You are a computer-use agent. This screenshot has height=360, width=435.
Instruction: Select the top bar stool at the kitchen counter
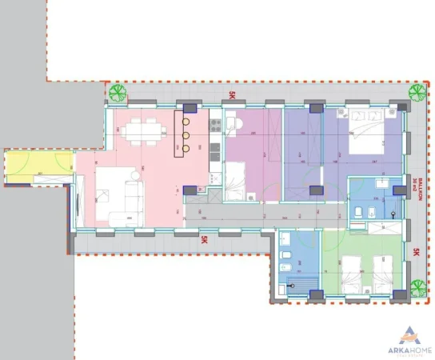[186, 122]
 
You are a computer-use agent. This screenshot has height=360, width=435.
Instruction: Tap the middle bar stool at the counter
[186, 134]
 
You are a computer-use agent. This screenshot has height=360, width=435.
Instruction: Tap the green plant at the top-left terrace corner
[119, 93]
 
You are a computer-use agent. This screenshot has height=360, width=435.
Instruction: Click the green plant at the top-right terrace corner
[415, 94]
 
